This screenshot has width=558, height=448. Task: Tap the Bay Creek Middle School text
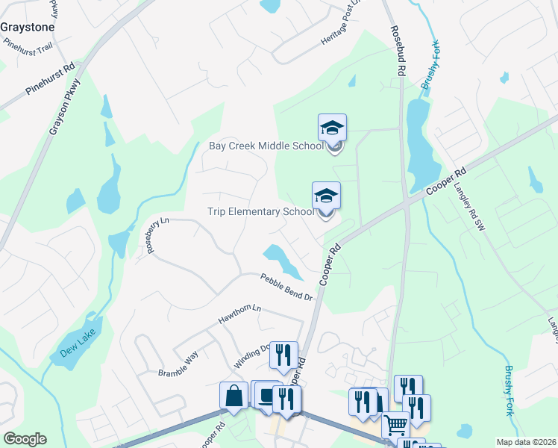(265, 146)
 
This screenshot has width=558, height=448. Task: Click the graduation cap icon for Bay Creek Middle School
(332, 128)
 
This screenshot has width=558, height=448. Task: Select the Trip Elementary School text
(260, 211)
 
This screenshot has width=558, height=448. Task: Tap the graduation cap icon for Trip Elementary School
(326, 196)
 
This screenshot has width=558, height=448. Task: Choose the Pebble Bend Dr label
(286, 287)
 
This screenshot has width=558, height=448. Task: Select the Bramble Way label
(178, 364)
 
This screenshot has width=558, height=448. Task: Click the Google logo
(25, 439)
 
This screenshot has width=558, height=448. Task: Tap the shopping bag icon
(233, 396)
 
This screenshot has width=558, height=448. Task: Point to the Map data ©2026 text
(526, 442)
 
